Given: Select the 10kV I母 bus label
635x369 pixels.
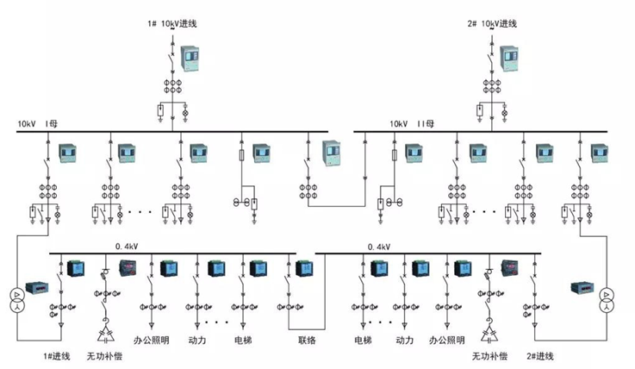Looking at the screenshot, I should pyautogui.click(x=35, y=124).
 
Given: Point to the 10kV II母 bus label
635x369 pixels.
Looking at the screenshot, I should pyautogui.click(x=413, y=124).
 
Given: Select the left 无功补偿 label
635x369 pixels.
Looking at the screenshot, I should pyautogui.click(x=104, y=355).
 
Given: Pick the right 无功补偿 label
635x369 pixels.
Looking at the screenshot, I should pyautogui.click(x=489, y=355).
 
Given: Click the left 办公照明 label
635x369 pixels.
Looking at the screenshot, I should pyautogui.click(x=154, y=340).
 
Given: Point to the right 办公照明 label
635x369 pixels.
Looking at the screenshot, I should pyautogui.click(x=448, y=340).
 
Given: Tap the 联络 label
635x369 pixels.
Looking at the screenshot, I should pyautogui.click(x=308, y=340).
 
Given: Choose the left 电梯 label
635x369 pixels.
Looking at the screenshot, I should pyautogui.click(x=242, y=340).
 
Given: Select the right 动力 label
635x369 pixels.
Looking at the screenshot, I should pyautogui.click(x=405, y=340).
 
